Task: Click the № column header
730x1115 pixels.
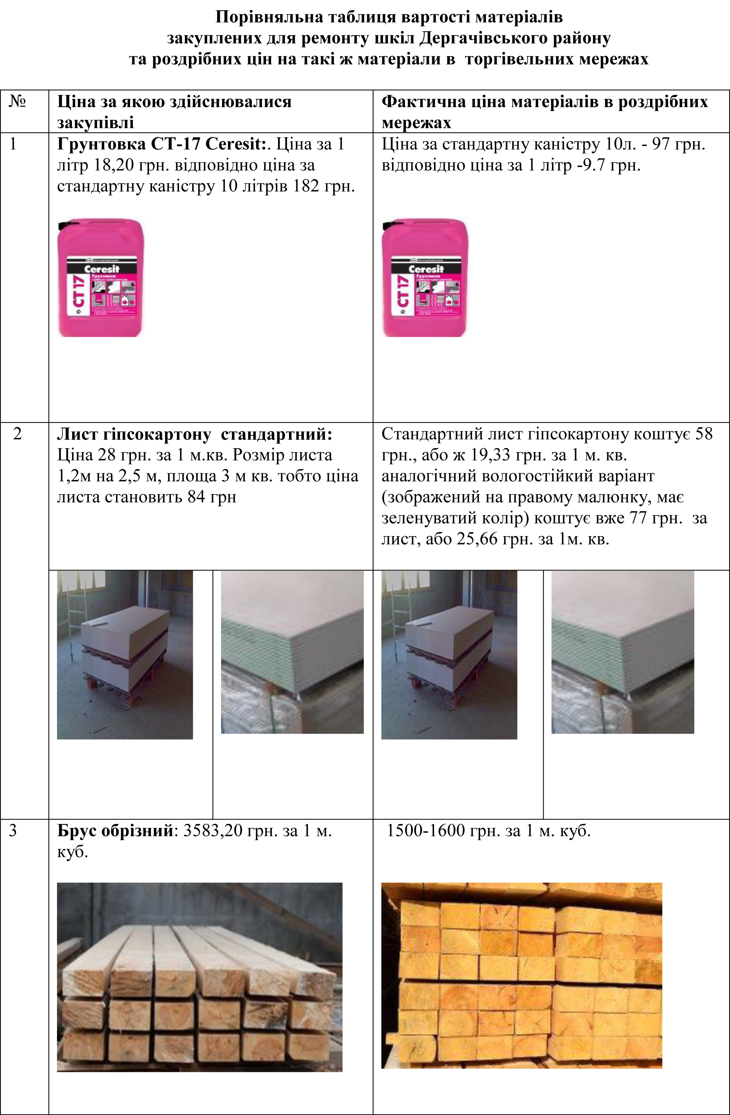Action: pos(17,101)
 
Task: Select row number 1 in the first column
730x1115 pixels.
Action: pos(13,144)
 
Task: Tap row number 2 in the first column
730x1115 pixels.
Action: pos(17,434)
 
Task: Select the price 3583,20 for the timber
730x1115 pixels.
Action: pos(213,830)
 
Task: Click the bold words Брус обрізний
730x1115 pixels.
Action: pos(115,830)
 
